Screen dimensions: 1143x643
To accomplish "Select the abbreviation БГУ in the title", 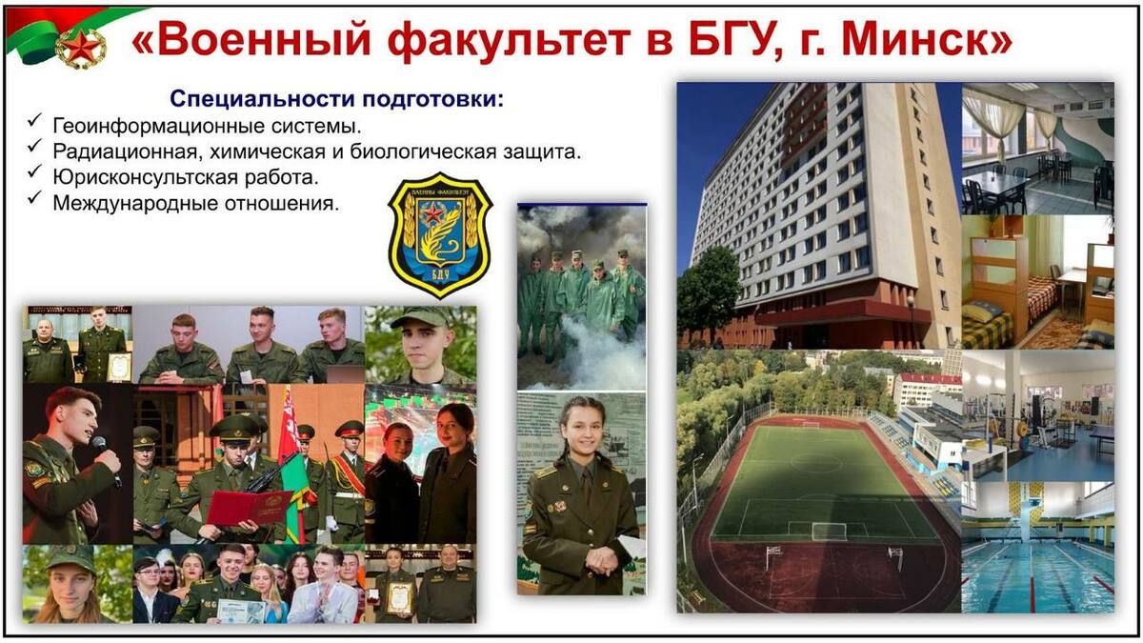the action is point(735,41).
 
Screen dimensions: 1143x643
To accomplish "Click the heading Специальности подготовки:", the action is point(337,98).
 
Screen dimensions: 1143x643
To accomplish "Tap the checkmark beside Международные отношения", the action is point(34,197).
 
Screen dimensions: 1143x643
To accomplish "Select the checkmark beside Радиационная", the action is point(34,146).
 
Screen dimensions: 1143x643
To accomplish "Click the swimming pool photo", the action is point(1037,547).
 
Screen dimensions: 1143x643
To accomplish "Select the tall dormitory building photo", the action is point(819,215).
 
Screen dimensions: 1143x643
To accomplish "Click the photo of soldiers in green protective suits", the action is point(582,297).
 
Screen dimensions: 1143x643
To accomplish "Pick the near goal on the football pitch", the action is point(828,532).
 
